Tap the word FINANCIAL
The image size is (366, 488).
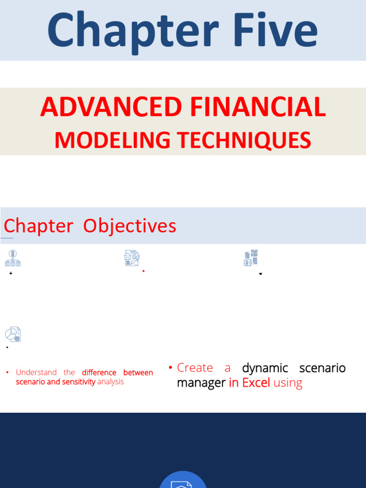pyautogui.click(x=258, y=107)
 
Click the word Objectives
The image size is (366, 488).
pyautogui.click(x=130, y=226)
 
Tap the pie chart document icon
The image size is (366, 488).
pyautogui.click(x=13, y=334)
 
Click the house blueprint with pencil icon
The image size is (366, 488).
pyautogui.click(x=132, y=258)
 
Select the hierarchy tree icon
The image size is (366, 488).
pyautogui.click(x=13, y=258)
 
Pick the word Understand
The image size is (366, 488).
pyautogui.click(x=36, y=373)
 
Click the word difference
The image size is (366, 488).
pyautogui.click(x=99, y=373)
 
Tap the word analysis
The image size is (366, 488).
pyautogui.click(x=111, y=382)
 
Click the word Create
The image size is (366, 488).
pyautogui.click(x=195, y=368)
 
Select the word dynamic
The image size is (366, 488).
pyautogui.click(x=265, y=368)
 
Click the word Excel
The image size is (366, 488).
pyautogui.click(x=256, y=383)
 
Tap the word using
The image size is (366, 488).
pyautogui.click(x=288, y=383)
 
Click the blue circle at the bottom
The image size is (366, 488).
pyautogui.click(x=183, y=480)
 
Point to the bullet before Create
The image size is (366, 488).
pyautogui.click(x=170, y=368)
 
